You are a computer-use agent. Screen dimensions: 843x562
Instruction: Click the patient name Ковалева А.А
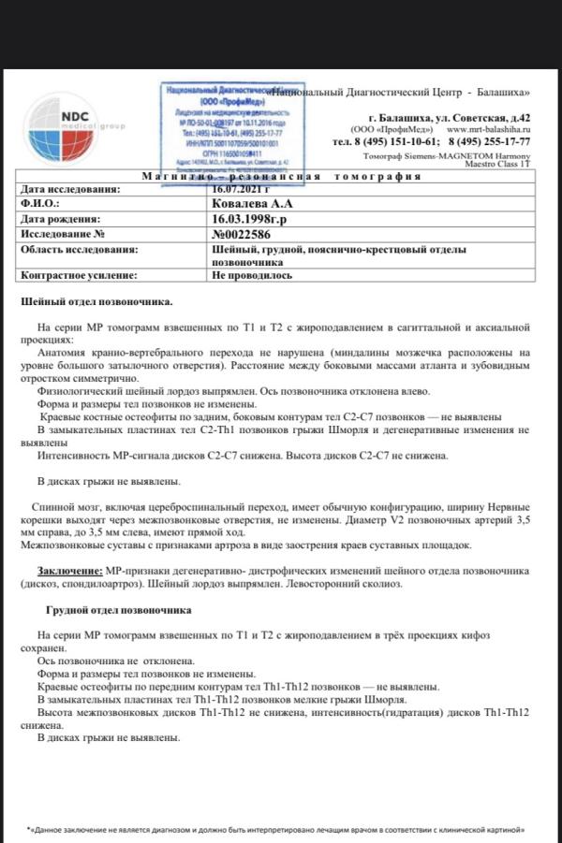click(x=253, y=202)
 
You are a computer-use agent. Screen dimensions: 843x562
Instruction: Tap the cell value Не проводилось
click(x=252, y=275)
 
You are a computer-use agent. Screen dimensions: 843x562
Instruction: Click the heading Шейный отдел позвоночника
click(x=96, y=301)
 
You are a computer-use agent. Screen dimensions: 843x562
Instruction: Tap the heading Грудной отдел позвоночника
click(x=119, y=610)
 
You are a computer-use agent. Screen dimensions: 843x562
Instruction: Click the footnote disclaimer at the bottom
click(x=281, y=830)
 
